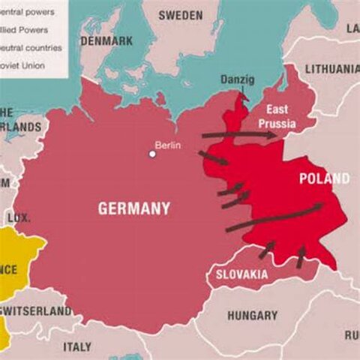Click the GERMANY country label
(134, 208)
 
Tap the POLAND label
(324, 178)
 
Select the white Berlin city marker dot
(152, 154)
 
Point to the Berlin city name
(168, 145)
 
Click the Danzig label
(237, 79)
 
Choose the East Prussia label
(277, 115)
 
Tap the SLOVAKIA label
(241, 274)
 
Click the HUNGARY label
(252, 316)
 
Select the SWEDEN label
(181, 15)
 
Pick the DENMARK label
(106, 41)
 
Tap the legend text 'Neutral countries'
(30, 47)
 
